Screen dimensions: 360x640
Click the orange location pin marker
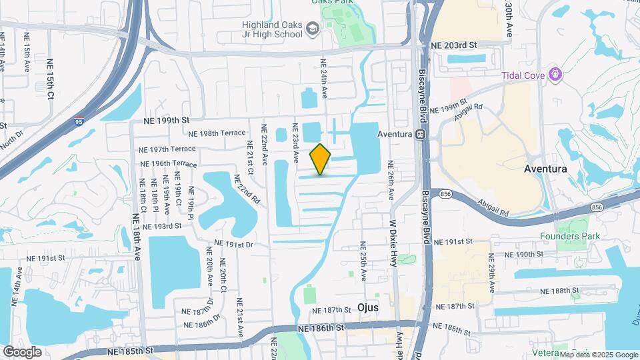pyautogui.click(x=321, y=159)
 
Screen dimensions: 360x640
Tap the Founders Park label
pyautogui.click(x=570, y=236)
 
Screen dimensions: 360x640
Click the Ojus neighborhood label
pyautogui.click(x=368, y=308)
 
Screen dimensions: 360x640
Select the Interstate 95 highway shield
pyautogui.click(x=79, y=121)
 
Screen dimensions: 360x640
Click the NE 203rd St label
pyautogui.click(x=455, y=45)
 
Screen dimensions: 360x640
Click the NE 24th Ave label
pyautogui.click(x=325, y=79)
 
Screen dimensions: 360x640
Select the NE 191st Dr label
pyautogui.click(x=234, y=245)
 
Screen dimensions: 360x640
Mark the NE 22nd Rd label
pyautogui.click(x=246, y=189)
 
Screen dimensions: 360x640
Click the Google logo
pyautogui.click(x=22, y=351)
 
